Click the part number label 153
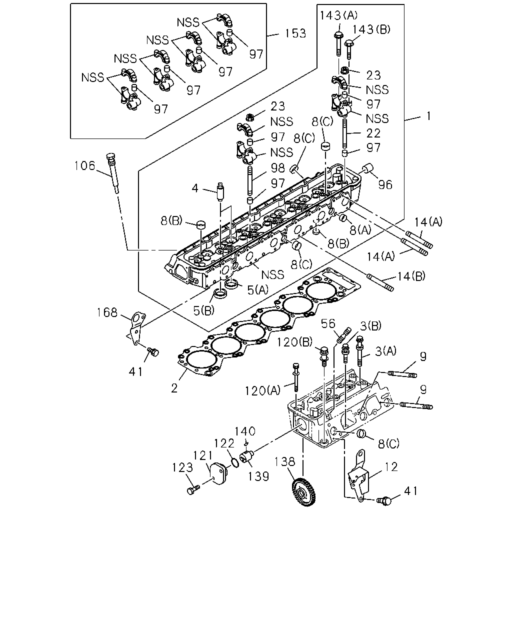point(295,33)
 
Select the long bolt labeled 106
point(113,173)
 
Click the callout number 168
point(107,312)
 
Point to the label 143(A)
point(338,15)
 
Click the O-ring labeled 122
point(235,463)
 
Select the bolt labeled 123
point(193,489)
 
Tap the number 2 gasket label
point(174,388)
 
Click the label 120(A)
point(262,391)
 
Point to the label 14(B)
point(411,276)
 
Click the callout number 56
point(328,323)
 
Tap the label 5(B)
point(204,311)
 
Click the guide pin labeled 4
point(221,192)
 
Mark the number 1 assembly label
point(428,116)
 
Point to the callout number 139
point(258,476)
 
